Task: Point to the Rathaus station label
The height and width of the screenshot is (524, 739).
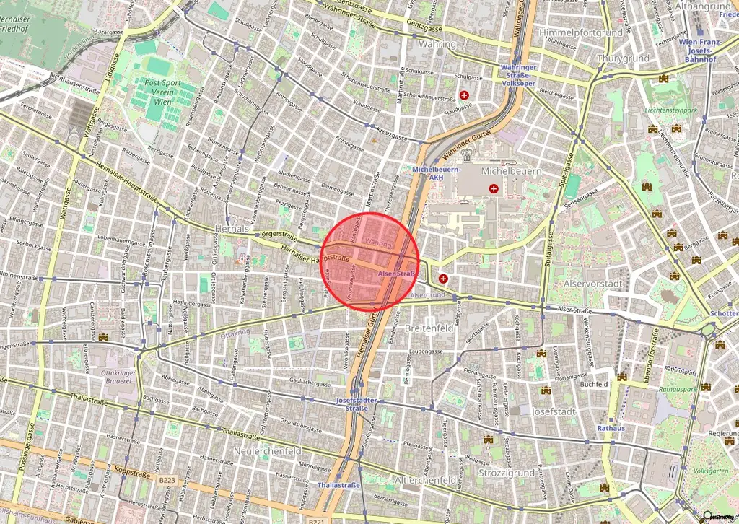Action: click(x=611, y=427)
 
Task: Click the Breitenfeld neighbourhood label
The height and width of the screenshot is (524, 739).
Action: click(x=431, y=328)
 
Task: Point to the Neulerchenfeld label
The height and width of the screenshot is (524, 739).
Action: click(x=268, y=450)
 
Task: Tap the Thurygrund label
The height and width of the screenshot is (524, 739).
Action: click(x=624, y=58)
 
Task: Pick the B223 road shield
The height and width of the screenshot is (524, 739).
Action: click(x=167, y=480)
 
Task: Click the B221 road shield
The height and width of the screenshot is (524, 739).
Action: click(x=316, y=521)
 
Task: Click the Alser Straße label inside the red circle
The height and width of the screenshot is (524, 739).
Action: click(x=396, y=274)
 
